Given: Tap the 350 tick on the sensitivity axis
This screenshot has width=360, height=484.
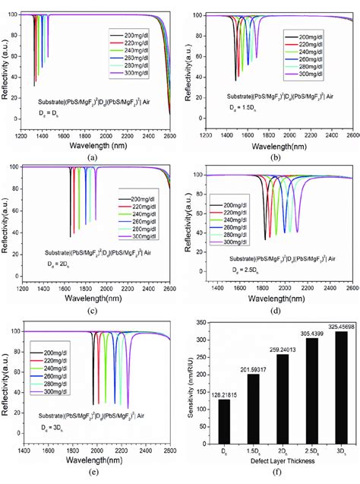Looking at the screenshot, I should point(206,323).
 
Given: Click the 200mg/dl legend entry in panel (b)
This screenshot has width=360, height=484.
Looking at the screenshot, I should point(311,36).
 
